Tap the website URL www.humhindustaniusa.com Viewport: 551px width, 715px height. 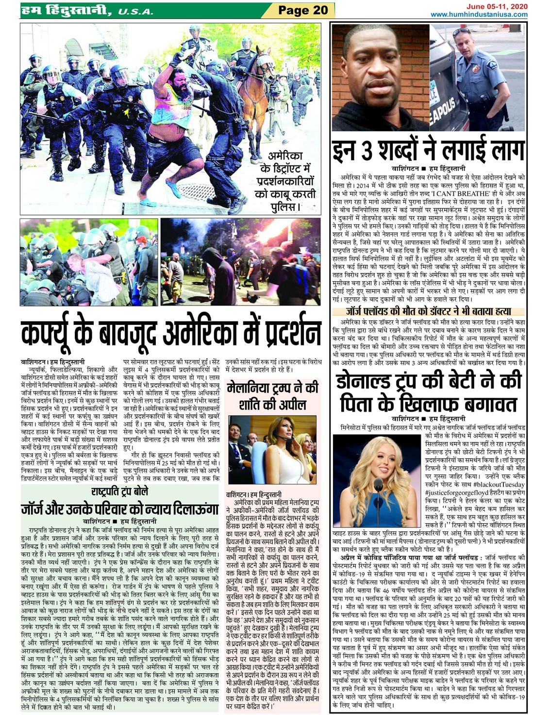pyautogui.click(x=479, y=15)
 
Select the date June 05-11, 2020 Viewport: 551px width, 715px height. pyautogui.click(x=497, y=6)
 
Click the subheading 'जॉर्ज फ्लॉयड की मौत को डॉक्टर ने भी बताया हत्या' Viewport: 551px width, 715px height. pyautogui.click(x=428, y=311)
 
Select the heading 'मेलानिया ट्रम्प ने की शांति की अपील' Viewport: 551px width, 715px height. pyautogui.click(x=272, y=396)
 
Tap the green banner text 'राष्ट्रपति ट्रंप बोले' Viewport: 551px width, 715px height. pyautogui.click(x=119, y=492)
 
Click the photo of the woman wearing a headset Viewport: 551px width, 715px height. pyautogui.click(x=272, y=449)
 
